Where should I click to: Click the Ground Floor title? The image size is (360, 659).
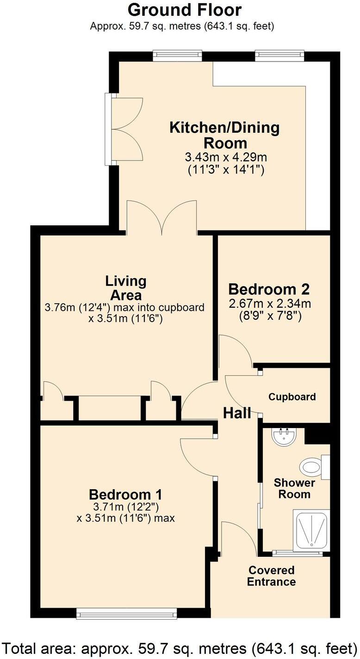click(184, 10)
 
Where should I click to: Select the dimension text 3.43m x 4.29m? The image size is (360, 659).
click(225, 157)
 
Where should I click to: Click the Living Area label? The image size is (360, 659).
click(125, 287)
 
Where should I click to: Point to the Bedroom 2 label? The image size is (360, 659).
click(269, 290)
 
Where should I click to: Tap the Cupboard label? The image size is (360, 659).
click(292, 397)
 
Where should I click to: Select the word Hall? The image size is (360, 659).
click(237, 413)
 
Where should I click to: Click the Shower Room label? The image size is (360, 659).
click(294, 488)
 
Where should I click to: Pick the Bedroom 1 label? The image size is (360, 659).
click(125, 494)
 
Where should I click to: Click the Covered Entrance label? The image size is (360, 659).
click(271, 576)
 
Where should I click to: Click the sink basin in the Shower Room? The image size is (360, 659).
click(284, 437)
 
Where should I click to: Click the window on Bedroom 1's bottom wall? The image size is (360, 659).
click(126, 614)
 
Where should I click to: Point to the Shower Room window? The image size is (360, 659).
click(297, 553)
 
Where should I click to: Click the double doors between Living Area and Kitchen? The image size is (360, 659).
click(161, 218)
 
